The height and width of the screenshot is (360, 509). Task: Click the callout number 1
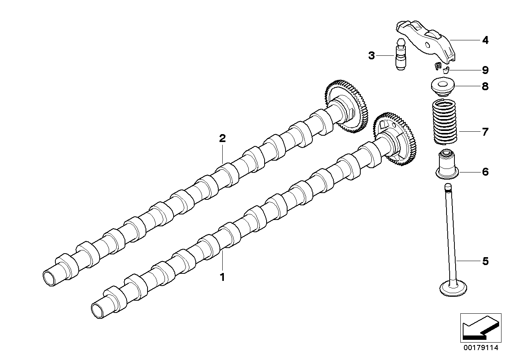click(x=222, y=277)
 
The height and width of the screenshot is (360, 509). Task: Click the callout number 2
click(x=222, y=138)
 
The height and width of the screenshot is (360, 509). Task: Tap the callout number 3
click(x=371, y=55)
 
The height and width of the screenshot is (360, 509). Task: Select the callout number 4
click(x=485, y=40)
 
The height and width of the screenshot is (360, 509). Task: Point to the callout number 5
click(x=485, y=261)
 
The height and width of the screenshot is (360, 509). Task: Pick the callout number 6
click(x=485, y=172)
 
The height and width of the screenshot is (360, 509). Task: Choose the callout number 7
click(x=485, y=132)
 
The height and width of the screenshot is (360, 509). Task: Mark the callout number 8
click(x=485, y=86)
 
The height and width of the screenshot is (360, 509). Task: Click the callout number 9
click(x=485, y=70)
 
